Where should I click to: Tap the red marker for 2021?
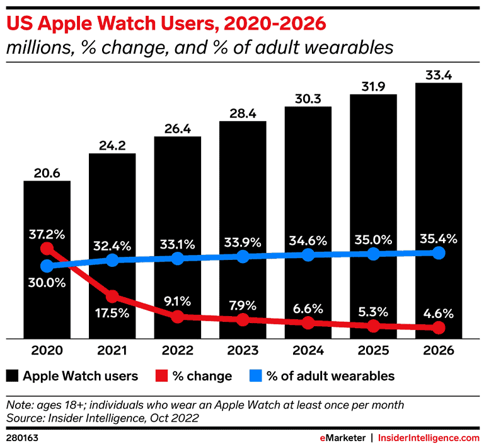(112, 296)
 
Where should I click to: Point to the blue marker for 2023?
(243, 256)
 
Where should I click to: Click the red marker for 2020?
(47, 249)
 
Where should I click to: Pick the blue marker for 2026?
(439, 253)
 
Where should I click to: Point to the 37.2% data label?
(47, 234)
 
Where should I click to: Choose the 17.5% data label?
(112, 312)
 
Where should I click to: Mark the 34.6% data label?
(308, 240)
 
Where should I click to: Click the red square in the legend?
(159, 376)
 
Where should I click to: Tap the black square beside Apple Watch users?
(11, 376)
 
